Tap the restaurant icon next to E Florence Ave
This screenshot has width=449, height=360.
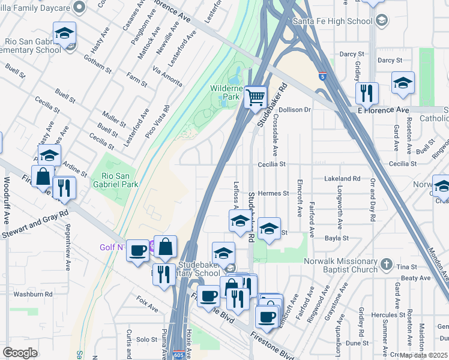[x=366, y=94]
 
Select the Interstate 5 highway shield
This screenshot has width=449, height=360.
[x=323, y=76]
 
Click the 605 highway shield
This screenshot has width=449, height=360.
[x=178, y=355]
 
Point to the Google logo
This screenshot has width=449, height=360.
[x=20, y=353]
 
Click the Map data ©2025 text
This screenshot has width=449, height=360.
[x=423, y=355]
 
